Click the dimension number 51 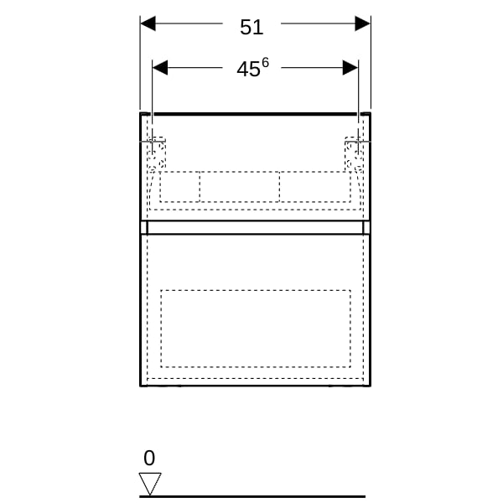pyautogui.click(x=251, y=28)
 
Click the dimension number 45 pyautogui.click(x=248, y=70)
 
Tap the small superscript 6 pyautogui.click(x=265, y=63)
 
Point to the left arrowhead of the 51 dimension pyautogui.click(x=148, y=23)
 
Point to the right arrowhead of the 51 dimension pyautogui.click(x=362, y=23)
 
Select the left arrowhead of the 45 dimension pyautogui.click(x=160, y=68)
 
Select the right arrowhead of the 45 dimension pyautogui.click(x=350, y=68)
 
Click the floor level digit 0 pyautogui.click(x=149, y=458)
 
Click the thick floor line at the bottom pyautogui.click(x=252, y=496)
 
